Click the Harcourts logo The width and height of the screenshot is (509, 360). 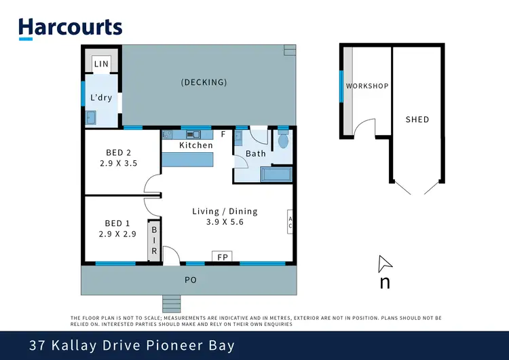71,29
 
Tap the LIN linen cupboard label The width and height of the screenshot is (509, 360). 101,64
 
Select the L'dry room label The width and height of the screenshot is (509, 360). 101,98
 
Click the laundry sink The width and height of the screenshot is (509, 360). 90,118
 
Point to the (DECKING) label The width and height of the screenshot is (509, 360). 204,82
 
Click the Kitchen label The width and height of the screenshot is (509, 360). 196,145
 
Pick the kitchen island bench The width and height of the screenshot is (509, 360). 187,160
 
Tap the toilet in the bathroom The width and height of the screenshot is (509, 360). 283,139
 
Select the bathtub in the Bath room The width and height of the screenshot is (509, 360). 276,174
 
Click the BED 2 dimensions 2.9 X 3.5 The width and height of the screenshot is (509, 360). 119,163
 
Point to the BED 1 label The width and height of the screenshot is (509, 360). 117,223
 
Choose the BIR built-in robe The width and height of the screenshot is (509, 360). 154,240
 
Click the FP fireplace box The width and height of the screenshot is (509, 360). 222,256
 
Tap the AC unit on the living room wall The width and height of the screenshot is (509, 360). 290,221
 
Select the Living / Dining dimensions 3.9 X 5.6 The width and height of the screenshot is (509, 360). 225,222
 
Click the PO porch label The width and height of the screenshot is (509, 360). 191,280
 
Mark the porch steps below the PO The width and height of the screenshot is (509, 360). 172,304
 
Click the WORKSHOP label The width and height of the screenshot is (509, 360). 367,86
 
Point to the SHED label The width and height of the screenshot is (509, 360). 417,120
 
